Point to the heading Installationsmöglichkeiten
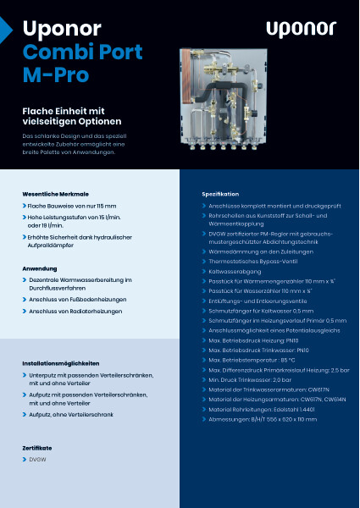[65, 363]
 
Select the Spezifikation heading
[220, 194]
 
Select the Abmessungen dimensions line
[268, 419]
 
